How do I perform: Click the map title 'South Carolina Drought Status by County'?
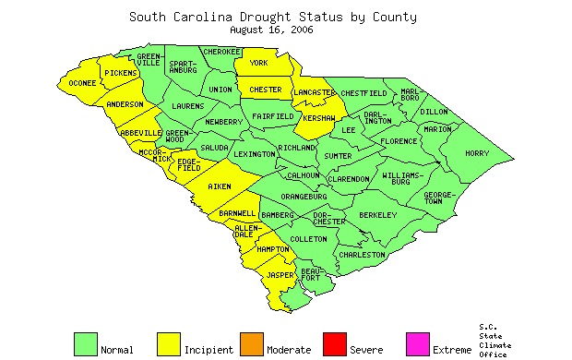[x=272, y=17]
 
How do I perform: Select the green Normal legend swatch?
[x=85, y=343]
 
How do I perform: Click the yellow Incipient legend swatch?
[x=169, y=343]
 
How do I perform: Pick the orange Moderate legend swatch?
[x=251, y=343]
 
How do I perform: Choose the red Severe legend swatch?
[x=334, y=343]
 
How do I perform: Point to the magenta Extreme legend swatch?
[x=417, y=343]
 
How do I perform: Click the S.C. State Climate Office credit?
[x=495, y=341]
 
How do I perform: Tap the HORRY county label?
[x=477, y=153]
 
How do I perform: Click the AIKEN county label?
[x=219, y=187]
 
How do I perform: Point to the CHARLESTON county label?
[x=362, y=254]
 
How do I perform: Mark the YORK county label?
[x=258, y=64]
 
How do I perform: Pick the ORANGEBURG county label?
[x=304, y=197]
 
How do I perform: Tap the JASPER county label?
[x=280, y=275]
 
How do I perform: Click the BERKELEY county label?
[x=377, y=215]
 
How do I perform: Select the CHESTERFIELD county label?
[x=363, y=93]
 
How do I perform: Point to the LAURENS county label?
[x=188, y=106]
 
